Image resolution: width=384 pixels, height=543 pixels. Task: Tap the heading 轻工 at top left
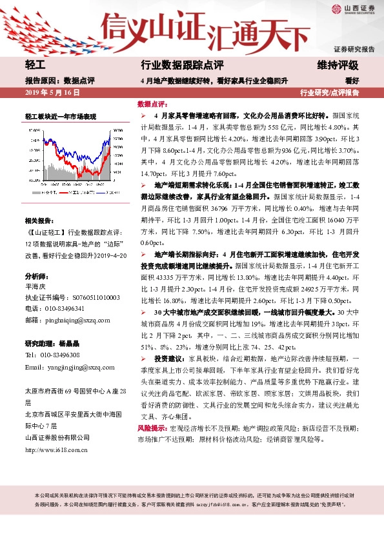(x=34, y=66)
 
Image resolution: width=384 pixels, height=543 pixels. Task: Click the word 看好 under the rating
(x=351, y=81)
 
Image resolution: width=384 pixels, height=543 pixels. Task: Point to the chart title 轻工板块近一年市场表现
(x=61, y=117)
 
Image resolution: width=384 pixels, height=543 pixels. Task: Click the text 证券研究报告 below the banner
(x=354, y=49)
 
